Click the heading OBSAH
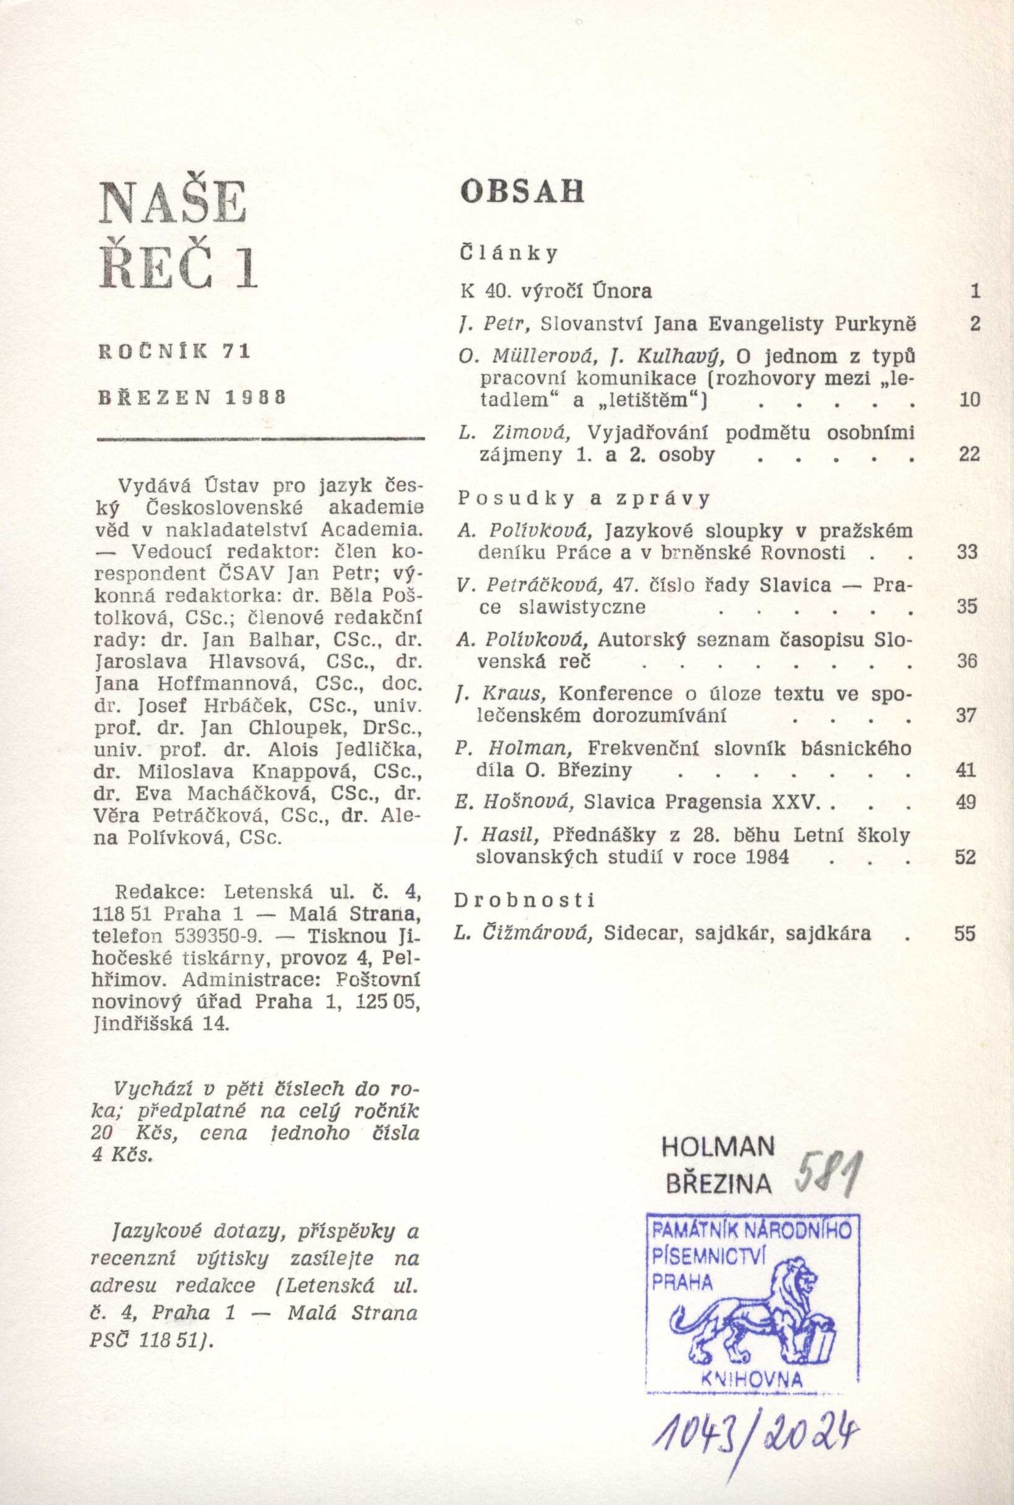(x=521, y=192)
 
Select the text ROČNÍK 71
(x=174, y=352)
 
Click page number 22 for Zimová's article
(x=969, y=455)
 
